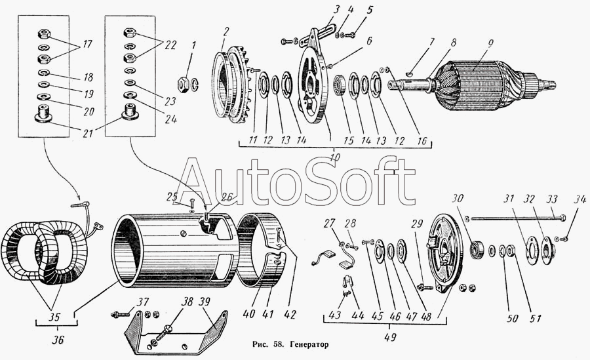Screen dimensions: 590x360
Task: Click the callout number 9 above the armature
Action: point(490,44)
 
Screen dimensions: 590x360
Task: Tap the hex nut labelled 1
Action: point(184,83)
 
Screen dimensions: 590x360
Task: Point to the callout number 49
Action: point(390,336)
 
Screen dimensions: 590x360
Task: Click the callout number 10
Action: point(334,156)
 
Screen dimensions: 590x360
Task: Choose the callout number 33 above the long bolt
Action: point(552,199)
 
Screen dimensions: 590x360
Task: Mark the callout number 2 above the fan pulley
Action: point(225,32)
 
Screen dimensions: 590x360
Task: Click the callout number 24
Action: point(170,119)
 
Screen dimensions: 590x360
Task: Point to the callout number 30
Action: point(458,198)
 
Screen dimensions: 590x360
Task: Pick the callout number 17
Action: point(87,45)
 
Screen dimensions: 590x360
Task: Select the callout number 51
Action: point(535,319)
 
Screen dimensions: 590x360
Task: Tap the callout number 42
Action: point(290,315)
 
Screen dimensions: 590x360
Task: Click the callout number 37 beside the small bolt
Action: point(143,302)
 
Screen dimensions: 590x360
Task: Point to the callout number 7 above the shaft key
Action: point(433,42)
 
